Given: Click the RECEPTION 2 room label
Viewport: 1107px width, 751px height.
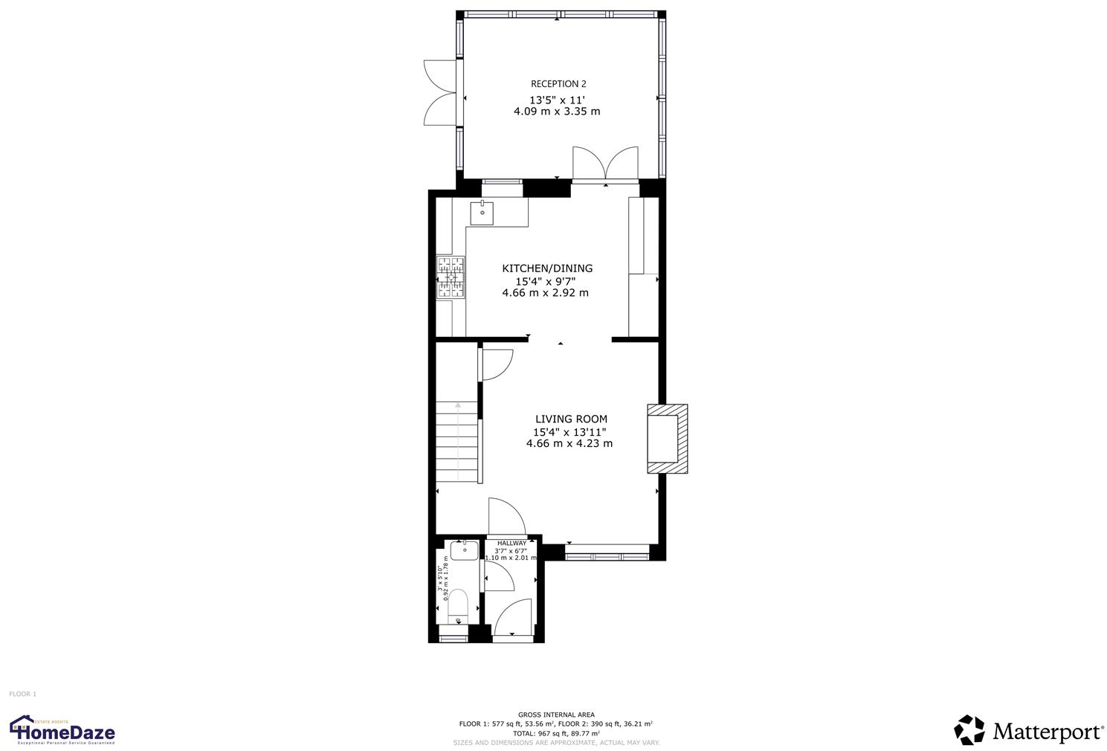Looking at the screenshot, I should [558, 84].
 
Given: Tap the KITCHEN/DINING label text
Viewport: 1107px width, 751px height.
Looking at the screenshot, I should [547, 268].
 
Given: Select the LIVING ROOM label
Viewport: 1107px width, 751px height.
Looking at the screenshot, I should [571, 419].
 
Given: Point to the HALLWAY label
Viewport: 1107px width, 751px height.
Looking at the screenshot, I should [511, 544].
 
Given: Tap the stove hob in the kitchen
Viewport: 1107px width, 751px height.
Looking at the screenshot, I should [451, 277].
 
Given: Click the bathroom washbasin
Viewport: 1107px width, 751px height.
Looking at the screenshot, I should [464, 551].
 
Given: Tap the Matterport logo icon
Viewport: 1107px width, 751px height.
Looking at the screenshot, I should [969, 730].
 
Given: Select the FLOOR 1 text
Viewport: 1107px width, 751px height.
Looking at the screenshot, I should [22, 694].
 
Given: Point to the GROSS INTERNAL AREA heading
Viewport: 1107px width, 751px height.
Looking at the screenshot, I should [556, 715].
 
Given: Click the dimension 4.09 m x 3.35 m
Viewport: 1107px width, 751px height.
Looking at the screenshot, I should [557, 112].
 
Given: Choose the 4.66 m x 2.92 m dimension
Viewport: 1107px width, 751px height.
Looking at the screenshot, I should [545, 293].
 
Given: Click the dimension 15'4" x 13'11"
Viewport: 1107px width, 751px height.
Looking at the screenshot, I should [569, 432].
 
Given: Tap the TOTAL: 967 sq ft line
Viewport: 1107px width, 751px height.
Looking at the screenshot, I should [556, 733].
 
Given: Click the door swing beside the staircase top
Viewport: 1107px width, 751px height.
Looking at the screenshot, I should [497, 364].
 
